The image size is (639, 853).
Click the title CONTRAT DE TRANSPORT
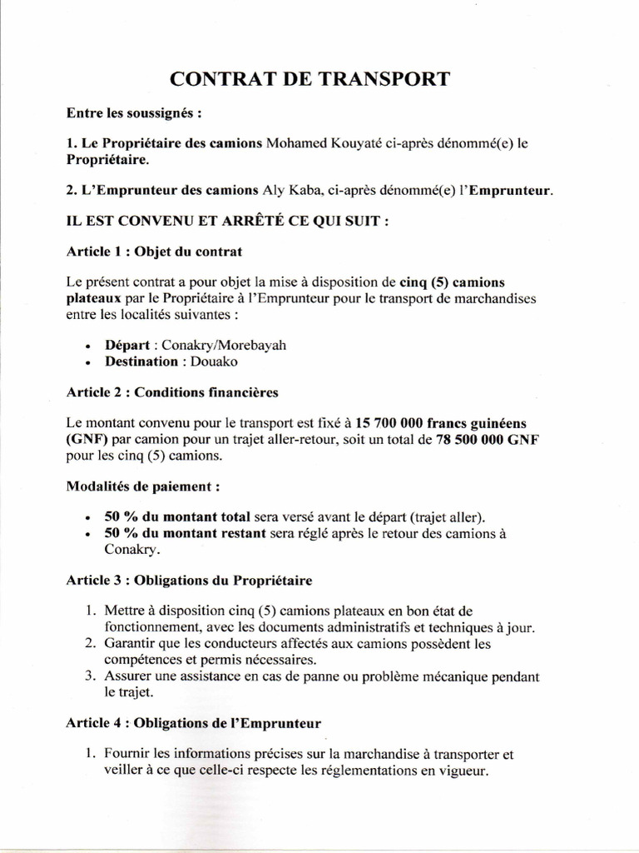tap(310, 79)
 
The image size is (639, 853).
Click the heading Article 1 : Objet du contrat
tap(154, 251)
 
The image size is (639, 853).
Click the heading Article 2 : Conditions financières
tap(171, 391)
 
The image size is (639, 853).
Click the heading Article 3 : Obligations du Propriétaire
tap(188, 578)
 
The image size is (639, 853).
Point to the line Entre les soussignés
tap(135, 112)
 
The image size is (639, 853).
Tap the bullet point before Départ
tap(89, 346)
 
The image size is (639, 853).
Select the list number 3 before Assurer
tap(92, 676)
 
